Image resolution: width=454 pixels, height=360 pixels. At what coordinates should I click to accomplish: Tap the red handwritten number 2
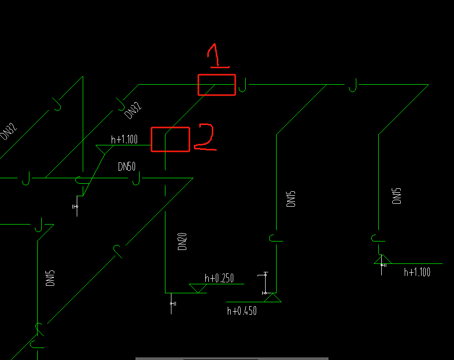(x=204, y=137)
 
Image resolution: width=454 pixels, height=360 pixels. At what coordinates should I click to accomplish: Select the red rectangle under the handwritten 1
(x=216, y=85)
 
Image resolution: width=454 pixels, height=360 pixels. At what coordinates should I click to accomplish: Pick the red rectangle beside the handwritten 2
(x=170, y=139)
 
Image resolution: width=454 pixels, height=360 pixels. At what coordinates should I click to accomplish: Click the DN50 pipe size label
(x=127, y=167)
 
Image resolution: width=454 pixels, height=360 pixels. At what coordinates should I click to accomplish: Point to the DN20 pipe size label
(x=182, y=241)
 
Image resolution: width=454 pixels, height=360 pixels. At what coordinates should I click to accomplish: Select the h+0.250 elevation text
(x=219, y=278)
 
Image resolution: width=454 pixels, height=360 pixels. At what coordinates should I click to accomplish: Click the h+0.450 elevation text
(x=242, y=311)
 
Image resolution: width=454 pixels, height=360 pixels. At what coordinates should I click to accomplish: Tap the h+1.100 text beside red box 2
(x=124, y=139)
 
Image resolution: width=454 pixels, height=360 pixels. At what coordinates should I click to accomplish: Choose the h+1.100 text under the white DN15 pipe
(x=417, y=271)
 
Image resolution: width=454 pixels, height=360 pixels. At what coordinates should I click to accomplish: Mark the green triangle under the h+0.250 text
(x=198, y=288)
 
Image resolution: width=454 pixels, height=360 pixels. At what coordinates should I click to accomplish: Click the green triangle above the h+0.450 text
(x=273, y=298)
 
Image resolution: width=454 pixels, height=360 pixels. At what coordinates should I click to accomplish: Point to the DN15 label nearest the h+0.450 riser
(x=292, y=199)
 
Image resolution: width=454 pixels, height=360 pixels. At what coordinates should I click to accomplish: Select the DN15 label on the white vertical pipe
(x=397, y=196)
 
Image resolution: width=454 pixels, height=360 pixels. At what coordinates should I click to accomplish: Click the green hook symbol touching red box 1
(x=243, y=85)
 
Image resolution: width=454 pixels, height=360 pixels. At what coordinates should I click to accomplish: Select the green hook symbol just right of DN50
(x=136, y=179)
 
